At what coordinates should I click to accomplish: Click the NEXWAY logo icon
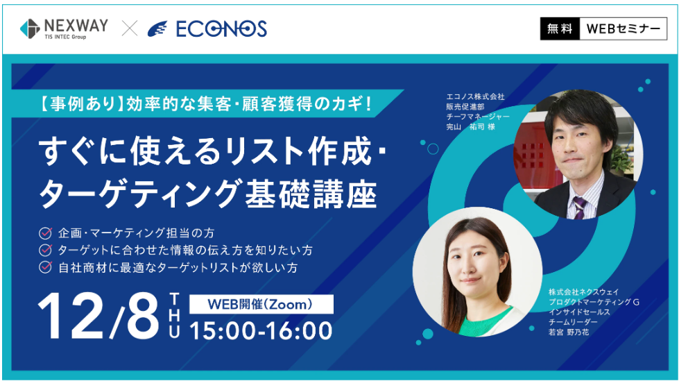[30, 28]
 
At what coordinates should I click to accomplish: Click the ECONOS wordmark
[221, 29]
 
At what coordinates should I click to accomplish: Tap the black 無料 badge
[560, 28]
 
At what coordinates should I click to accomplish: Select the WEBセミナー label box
[623, 28]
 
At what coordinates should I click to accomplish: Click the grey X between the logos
[130, 28]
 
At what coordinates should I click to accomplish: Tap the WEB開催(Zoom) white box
[261, 304]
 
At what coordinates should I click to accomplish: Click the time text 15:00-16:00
[261, 331]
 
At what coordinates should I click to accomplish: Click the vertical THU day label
[174, 315]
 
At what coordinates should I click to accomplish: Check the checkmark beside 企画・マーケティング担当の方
[46, 233]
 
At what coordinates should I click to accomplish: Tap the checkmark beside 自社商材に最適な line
[46, 267]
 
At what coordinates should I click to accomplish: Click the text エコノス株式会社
[476, 96]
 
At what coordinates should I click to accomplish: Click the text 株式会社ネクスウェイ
[584, 291]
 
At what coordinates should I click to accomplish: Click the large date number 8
[142, 315]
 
